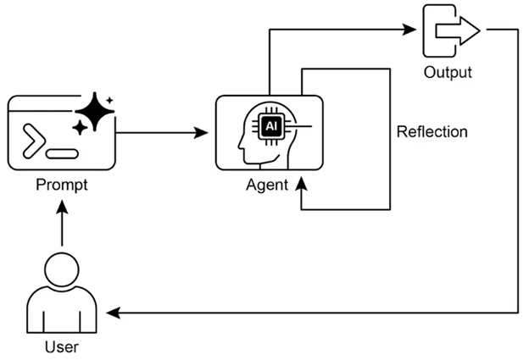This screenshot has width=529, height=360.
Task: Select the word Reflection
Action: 432,132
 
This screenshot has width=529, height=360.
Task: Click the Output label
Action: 448,72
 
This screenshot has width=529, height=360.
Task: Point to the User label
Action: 62,347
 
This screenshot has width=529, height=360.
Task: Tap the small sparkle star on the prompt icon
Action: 80,128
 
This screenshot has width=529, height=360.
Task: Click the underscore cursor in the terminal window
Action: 63,154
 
